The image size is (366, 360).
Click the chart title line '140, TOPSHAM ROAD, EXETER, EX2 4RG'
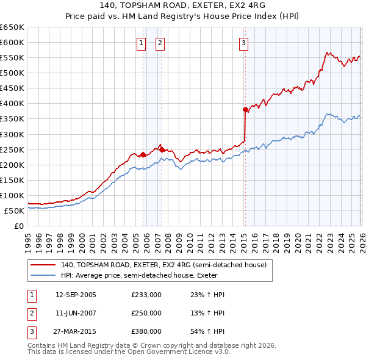[x=183, y=5]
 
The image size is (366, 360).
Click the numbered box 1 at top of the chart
[x=141, y=43]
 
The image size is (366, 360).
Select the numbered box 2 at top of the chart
[x=159, y=43]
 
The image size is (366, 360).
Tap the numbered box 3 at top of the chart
[x=243, y=43]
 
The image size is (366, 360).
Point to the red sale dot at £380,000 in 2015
[x=245, y=110]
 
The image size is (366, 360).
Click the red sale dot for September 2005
[x=143, y=154]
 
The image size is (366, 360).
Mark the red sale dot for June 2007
[x=162, y=149]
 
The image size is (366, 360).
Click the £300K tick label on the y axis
[x=12, y=134]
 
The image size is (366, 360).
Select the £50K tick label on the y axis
[x=14, y=211]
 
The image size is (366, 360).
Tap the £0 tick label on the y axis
[x=19, y=226]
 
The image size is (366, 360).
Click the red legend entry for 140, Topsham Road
[x=163, y=265]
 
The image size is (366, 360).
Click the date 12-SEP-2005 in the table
[x=76, y=295]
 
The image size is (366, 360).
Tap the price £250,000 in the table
[x=146, y=312]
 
